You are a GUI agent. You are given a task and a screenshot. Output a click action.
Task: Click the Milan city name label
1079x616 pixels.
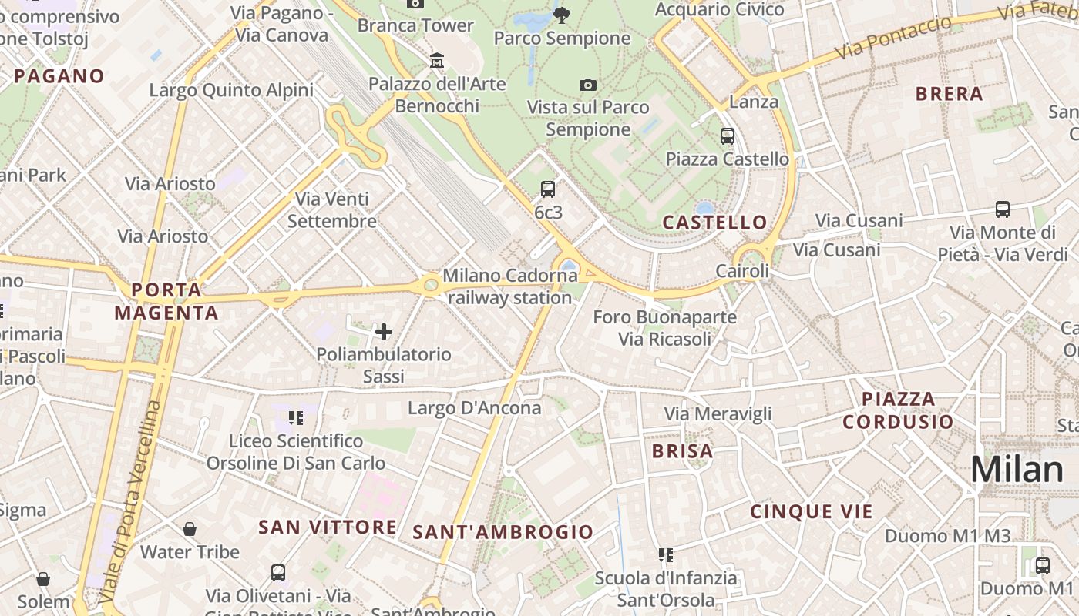(x=1017, y=470)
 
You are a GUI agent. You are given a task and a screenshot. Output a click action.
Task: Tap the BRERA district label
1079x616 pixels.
(x=949, y=94)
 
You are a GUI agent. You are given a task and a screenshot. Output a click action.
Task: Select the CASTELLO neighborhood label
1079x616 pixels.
(x=715, y=223)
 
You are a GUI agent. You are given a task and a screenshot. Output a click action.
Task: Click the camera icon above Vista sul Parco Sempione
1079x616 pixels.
(x=588, y=85)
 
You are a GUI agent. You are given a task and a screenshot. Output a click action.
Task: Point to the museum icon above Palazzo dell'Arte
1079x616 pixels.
(x=437, y=60)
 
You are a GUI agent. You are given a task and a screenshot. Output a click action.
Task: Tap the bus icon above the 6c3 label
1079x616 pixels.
(x=548, y=189)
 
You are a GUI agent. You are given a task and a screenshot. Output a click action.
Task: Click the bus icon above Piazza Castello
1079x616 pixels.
(x=727, y=136)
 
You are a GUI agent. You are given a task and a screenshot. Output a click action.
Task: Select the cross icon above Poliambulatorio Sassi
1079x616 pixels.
(x=383, y=332)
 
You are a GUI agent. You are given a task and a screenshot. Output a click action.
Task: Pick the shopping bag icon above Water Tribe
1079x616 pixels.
(x=190, y=529)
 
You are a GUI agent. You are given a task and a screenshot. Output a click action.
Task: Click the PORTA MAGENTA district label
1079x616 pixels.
(x=166, y=301)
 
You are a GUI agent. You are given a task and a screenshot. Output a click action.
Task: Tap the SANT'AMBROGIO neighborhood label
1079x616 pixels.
(x=503, y=532)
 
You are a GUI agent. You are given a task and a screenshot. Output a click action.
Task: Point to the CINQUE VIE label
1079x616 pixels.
(x=812, y=511)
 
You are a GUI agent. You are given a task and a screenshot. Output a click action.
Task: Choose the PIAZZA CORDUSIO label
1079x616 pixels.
(x=898, y=410)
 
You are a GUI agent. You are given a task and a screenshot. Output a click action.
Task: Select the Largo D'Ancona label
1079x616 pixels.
(x=475, y=407)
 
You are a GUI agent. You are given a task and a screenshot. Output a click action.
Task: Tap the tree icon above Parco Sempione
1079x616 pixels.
(x=562, y=14)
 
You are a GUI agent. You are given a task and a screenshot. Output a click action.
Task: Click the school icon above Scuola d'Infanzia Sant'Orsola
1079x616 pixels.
(x=666, y=554)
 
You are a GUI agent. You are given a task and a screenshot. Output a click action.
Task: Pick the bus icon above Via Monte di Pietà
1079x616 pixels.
(x=1003, y=209)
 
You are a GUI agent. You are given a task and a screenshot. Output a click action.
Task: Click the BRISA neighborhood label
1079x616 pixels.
(x=683, y=450)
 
